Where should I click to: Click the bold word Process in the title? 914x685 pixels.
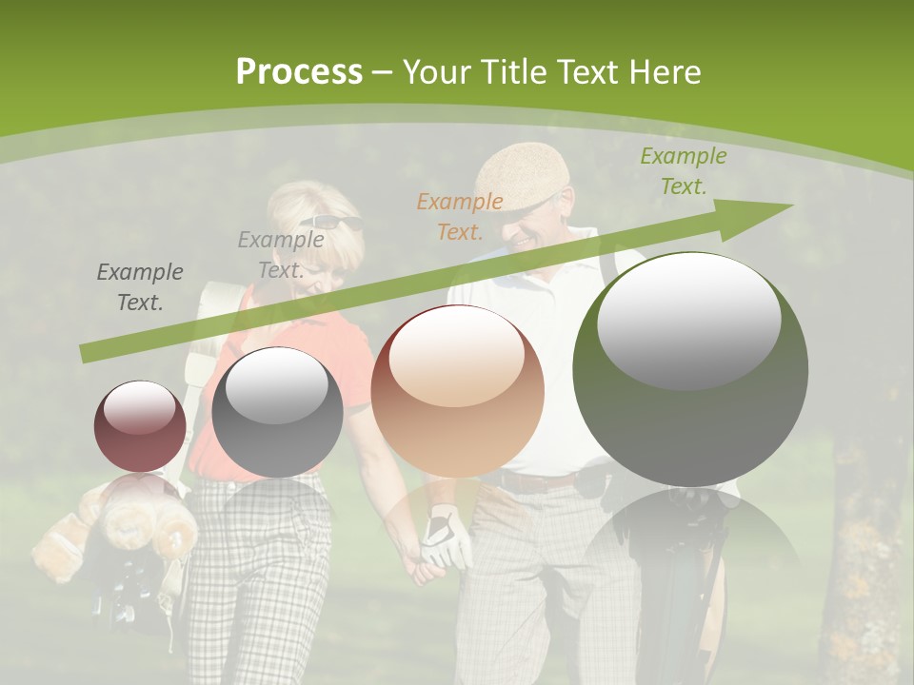tap(299, 72)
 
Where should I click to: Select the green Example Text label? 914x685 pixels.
tap(683, 171)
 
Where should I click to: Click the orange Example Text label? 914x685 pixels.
tap(460, 216)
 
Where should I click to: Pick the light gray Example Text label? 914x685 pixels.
tap(281, 255)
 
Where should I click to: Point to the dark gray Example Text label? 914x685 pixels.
tap(140, 287)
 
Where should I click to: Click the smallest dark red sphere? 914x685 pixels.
tap(140, 426)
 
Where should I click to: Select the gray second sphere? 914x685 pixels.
tap(277, 412)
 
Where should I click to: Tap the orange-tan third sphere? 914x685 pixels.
tap(457, 390)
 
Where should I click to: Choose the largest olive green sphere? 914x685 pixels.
tap(690, 369)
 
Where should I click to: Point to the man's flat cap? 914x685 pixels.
tap(522, 174)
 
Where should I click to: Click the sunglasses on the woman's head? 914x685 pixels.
tap(333, 224)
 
